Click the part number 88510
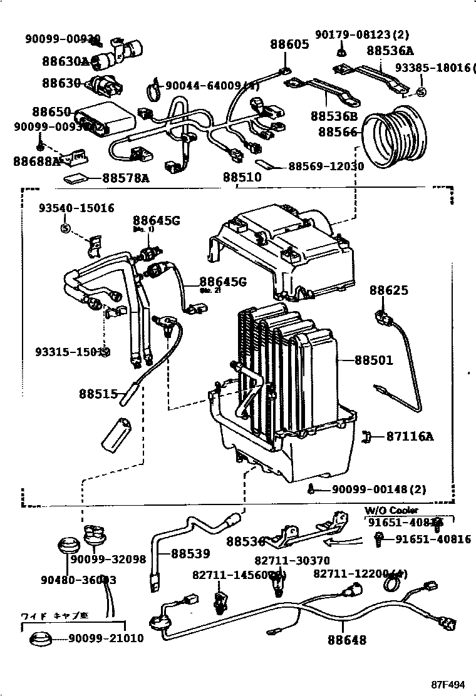point(242,177)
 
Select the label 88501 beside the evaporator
point(373,361)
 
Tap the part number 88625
point(388,290)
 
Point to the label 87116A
point(410,436)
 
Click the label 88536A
point(390,51)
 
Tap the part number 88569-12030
point(326,166)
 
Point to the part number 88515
point(98,394)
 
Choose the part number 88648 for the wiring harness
point(346,640)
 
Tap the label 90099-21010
point(106,638)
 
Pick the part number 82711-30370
point(292,561)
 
